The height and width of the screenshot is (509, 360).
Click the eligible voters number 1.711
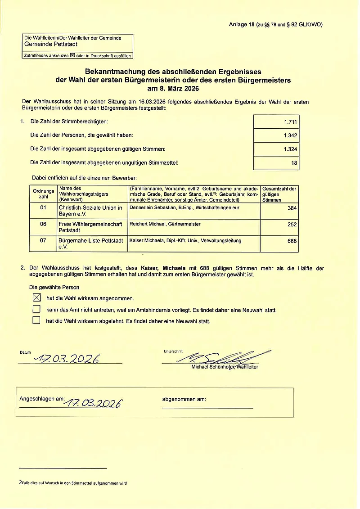290,122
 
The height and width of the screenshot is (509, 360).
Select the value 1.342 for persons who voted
290,135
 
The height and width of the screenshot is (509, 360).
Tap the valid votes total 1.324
290,149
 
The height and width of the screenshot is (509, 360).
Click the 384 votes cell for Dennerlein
292,208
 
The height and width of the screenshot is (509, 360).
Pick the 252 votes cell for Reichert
292,224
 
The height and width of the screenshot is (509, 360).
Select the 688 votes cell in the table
292,241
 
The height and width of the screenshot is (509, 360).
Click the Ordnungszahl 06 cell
43,224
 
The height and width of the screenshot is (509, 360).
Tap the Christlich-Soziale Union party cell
90,211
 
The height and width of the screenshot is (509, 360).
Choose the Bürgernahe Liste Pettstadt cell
90,243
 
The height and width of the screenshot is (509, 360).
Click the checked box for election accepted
37,297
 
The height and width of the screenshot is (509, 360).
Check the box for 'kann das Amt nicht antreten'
37,309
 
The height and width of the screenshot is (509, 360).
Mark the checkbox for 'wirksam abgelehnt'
37,321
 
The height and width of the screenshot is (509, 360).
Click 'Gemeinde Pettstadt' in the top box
51,45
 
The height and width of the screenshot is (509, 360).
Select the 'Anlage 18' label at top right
242,25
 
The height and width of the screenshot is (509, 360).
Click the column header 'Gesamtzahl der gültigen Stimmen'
279,194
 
